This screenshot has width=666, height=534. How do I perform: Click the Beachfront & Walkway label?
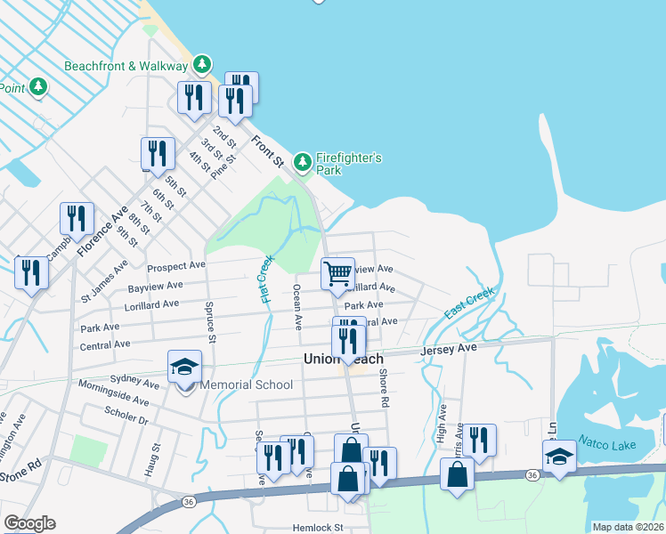[126, 66]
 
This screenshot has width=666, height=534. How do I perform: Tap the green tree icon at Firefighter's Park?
[303, 162]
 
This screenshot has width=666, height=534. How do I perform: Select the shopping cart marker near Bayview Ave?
[337, 275]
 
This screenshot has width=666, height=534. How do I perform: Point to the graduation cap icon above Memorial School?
[184, 367]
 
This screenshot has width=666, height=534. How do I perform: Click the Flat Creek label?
[266, 279]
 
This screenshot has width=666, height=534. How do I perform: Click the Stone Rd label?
[23, 466]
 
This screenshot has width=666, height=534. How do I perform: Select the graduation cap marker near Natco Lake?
[558, 457]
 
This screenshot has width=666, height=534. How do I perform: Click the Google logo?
[29, 523]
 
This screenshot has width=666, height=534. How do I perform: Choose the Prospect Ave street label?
[176, 266]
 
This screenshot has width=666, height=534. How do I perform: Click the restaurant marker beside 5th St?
[157, 153]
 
